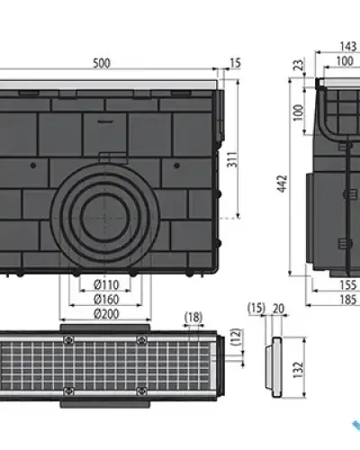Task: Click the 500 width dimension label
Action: coord(102,63)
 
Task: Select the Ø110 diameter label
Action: coord(106,284)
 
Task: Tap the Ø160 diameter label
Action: coord(106,299)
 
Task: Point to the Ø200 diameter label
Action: coord(106,314)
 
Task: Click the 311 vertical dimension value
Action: coord(232,159)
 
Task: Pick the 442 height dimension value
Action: coord(283,184)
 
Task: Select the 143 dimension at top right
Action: coord(348,47)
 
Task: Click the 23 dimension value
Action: coord(299,65)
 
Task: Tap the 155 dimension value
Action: coord(347,285)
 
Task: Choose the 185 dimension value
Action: coord(347,300)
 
